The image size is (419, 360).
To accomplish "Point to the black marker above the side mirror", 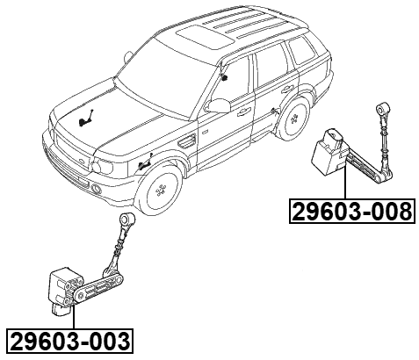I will point(226,77).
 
